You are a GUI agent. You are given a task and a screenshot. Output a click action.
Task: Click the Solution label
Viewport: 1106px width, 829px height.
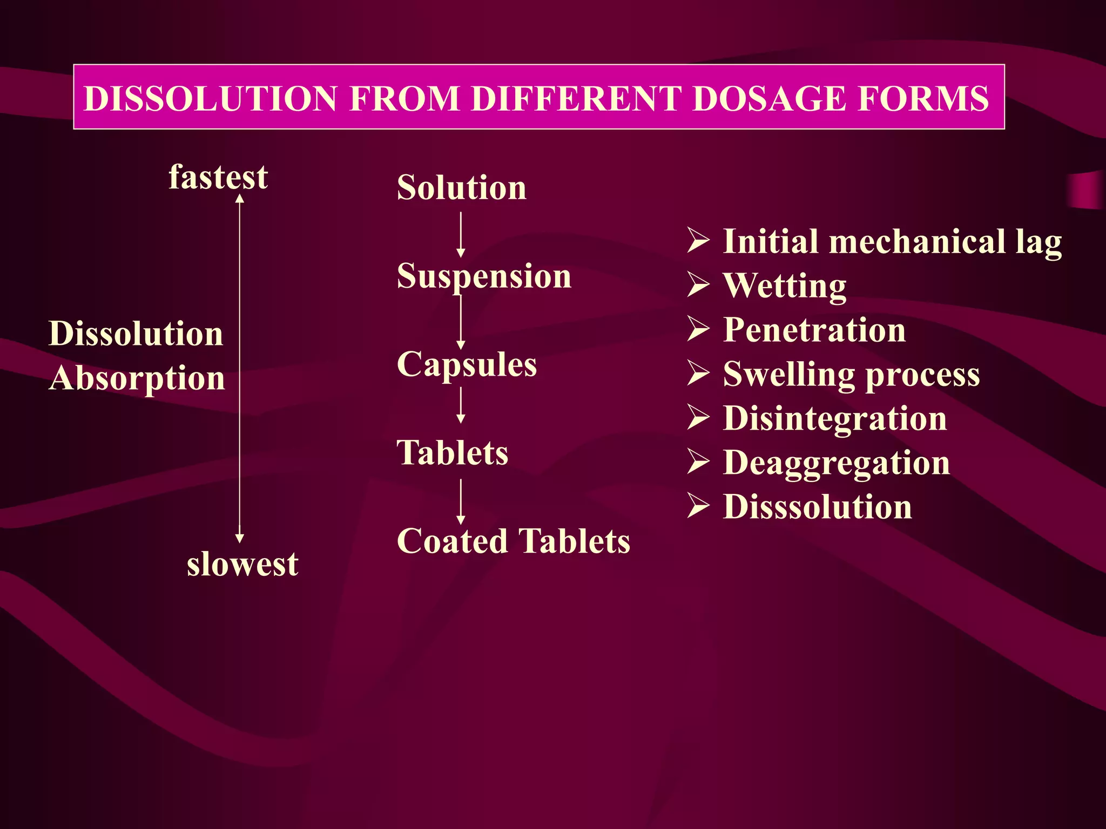pos(461,188)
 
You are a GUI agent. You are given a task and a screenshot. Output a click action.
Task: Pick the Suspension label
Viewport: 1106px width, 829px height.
pos(484,276)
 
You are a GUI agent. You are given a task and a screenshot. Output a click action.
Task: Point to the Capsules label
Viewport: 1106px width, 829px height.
pos(467,364)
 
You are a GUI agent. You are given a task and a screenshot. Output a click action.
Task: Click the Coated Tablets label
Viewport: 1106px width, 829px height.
pos(513,541)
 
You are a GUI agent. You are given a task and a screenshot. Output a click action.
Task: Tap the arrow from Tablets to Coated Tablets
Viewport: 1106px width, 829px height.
pos(461,501)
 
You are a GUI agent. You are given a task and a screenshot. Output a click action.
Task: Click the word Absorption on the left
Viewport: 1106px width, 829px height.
pos(137,378)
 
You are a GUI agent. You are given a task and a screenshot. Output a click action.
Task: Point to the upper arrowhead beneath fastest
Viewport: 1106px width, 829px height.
pos(240,198)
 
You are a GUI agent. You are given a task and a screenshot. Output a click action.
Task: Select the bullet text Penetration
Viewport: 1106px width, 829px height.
pos(814,330)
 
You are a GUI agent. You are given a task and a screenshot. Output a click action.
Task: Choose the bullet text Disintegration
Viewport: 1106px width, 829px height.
pos(835,418)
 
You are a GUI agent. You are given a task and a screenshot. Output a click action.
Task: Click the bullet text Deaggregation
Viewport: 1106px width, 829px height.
pos(837,463)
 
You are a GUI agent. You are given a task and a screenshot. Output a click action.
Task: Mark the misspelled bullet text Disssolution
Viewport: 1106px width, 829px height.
pos(818,507)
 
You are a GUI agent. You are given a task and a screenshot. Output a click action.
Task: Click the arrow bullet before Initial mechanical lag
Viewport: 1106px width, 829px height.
pos(698,241)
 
